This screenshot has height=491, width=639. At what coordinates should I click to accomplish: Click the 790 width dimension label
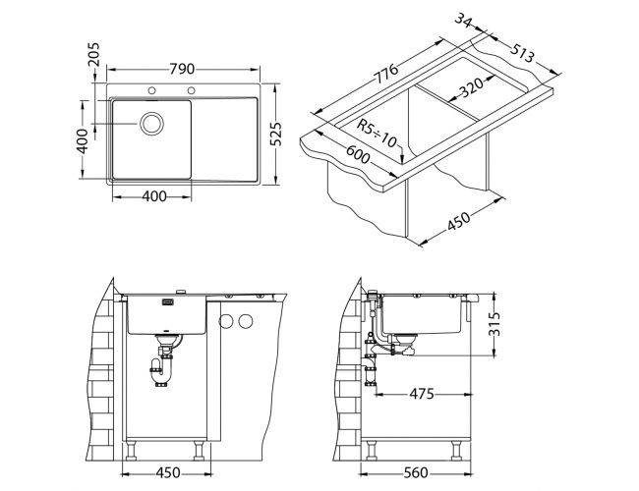pos(182,69)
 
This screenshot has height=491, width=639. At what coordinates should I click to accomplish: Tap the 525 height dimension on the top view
pos(276,134)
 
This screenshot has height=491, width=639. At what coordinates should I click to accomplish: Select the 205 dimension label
pos(93,54)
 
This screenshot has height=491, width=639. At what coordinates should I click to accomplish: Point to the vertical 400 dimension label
pos(83,140)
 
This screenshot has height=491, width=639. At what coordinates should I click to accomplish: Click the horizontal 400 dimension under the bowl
pos(154,196)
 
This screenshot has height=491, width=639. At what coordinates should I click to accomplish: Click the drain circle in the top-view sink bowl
pos(151,124)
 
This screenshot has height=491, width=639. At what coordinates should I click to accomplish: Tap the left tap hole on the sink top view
pos(151,90)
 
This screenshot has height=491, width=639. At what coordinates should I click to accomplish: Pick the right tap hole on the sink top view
pos(191,90)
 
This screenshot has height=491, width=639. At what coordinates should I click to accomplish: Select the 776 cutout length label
pos(385,74)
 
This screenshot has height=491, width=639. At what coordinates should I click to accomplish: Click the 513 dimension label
pos(522,52)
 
